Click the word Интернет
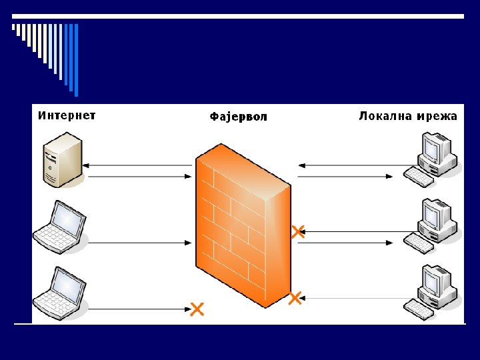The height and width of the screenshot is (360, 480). pyautogui.click(x=67, y=115)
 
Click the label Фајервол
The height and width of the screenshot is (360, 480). pyautogui.click(x=238, y=117)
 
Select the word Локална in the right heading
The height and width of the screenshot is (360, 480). pyautogui.click(x=386, y=116)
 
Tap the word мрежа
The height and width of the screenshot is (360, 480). pyautogui.click(x=437, y=116)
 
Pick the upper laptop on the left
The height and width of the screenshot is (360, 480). pyautogui.click(x=60, y=227)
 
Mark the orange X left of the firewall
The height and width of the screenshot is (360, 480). pyautogui.click(x=197, y=309)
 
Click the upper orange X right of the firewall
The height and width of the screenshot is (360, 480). pyautogui.click(x=298, y=231)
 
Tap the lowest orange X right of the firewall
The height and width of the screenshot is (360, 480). pyautogui.click(x=295, y=297)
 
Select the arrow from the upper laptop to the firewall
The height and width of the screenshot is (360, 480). pyautogui.click(x=140, y=243)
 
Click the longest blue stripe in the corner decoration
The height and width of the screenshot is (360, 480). pyautogui.click(x=76, y=60)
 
